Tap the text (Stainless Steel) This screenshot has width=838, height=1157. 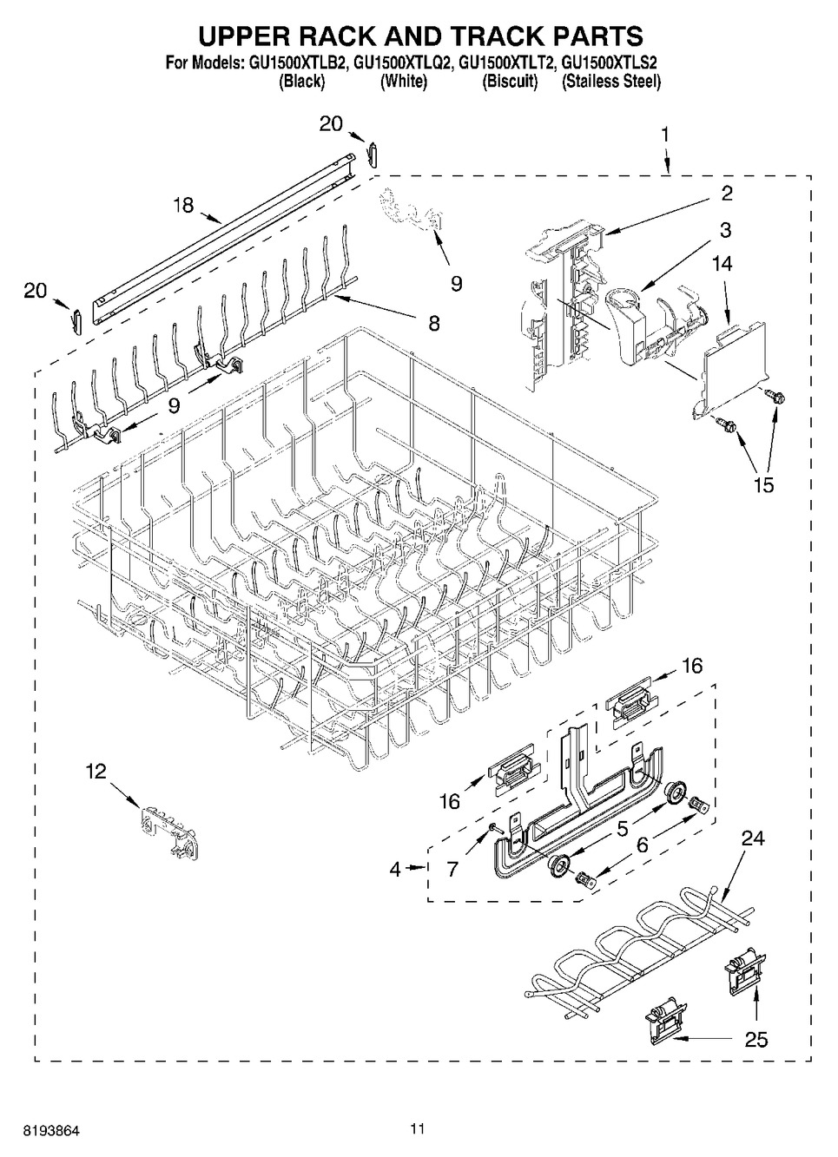[x=611, y=82]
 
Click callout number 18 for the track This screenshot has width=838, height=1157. [x=183, y=205]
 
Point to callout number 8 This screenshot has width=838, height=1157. [x=434, y=324]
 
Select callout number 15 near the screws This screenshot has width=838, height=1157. [x=764, y=485]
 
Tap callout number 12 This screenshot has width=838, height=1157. [x=96, y=771]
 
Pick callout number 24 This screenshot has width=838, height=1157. [x=753, y=838]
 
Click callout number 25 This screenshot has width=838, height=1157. [x=756, y=1039]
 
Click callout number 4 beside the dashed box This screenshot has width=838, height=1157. [x=395, y=870]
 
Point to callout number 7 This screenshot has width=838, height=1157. [x=452, y=870]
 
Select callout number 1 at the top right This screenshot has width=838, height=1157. [x=665, y=135]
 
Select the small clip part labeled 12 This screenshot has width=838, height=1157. [x=168, y=834]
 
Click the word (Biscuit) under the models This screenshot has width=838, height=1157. [x=510, y=82]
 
